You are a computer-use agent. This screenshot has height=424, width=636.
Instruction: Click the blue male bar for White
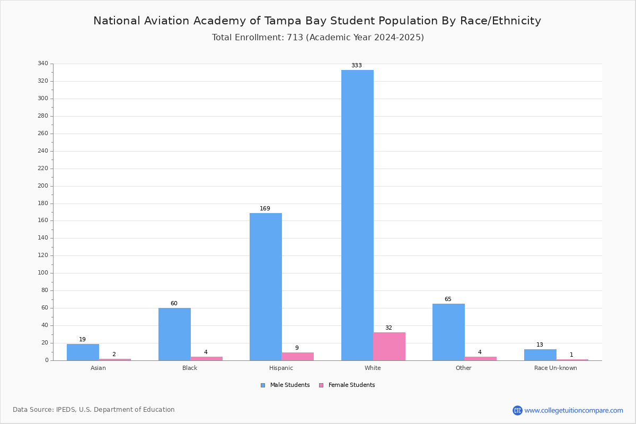(357, 215)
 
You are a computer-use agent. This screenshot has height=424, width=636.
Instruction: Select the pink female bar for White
(389, 346)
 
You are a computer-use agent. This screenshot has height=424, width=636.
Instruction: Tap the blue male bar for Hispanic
(266, 287)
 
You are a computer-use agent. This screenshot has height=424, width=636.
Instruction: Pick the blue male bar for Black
(174, 334)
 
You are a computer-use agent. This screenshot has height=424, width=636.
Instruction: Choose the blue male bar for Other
(448, 332)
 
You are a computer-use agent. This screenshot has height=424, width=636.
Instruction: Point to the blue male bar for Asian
(83, 352)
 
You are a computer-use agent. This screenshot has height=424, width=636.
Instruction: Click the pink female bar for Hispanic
(297, 356)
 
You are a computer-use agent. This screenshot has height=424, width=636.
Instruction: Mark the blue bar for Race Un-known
(540, 355)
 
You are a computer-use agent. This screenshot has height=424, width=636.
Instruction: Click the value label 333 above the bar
(357, 66)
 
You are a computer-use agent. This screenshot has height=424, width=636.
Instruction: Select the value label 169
(265, 209)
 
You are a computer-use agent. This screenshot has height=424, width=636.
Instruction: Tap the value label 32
(388, 328)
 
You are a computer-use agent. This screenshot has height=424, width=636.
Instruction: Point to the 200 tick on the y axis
(43, 186)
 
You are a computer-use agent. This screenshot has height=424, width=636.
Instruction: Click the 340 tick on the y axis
(43, 64)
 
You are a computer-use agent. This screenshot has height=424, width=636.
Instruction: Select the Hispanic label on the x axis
(281, 368)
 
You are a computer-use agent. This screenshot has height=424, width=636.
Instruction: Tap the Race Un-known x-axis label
(555, 368)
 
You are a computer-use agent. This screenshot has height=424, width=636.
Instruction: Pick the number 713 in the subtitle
(295, 38)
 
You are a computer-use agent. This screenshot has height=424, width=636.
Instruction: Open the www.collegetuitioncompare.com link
(573, 410)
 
